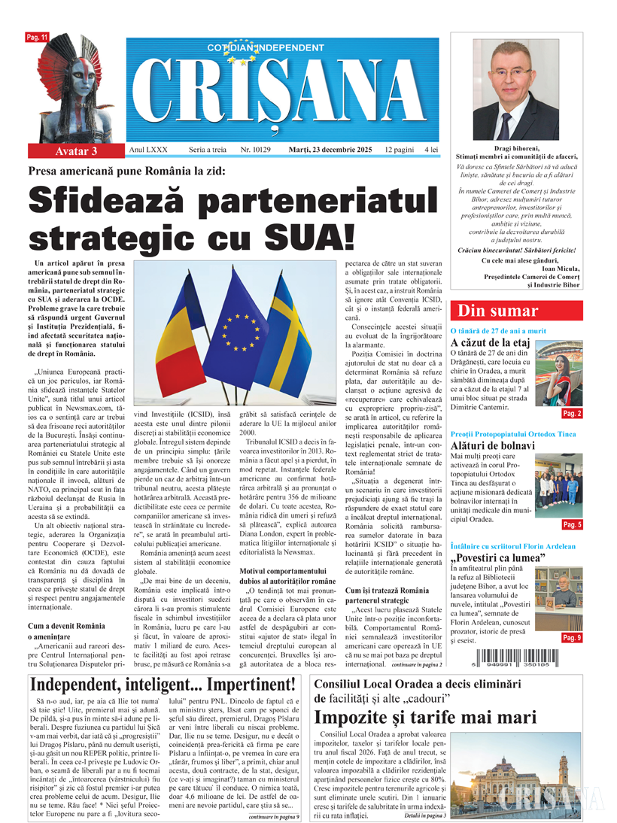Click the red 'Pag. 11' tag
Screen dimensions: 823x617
(x=38, y=37)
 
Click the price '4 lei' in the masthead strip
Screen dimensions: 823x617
(x=431, y=150)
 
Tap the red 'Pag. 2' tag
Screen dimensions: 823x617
(x=573, y=414)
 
